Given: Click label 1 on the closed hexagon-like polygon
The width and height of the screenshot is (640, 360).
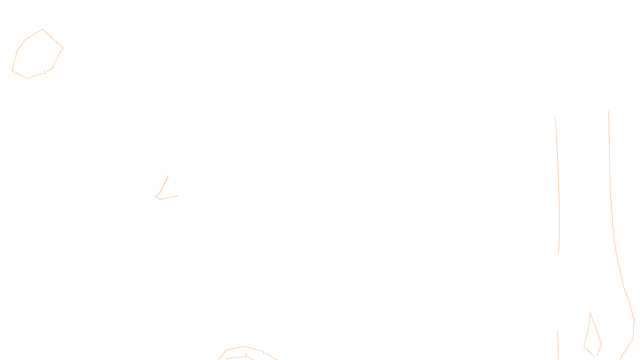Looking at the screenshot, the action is coord(44,72).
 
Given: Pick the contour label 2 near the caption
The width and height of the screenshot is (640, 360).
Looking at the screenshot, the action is coord(246,356).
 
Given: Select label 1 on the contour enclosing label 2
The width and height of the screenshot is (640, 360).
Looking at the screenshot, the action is coord(264,352).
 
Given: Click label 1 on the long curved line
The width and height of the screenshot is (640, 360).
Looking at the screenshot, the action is coord(634,320).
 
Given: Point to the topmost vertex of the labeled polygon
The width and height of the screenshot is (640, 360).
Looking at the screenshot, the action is coord(42,29).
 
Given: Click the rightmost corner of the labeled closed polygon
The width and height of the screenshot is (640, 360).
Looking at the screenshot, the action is coord(63,48).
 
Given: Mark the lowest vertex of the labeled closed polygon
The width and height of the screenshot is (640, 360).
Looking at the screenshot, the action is coord(27,78).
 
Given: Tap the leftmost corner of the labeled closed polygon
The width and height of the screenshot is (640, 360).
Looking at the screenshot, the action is coord(12,71).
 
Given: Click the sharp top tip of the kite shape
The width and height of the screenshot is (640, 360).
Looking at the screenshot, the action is coord(590,313).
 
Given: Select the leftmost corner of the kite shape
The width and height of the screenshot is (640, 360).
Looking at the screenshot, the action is coord(584,346).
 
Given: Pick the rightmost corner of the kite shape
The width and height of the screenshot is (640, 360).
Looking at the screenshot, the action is coord(602,344).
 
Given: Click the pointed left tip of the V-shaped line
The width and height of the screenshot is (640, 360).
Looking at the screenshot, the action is coord(155,196).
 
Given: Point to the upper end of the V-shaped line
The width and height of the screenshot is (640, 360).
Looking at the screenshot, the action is coord(168,176).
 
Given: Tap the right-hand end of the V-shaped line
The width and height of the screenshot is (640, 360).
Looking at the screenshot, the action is coord(178,196).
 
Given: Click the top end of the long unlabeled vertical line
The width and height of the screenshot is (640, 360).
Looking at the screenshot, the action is coord(555,117).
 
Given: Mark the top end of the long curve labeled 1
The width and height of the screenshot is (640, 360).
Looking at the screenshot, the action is coord(608,111).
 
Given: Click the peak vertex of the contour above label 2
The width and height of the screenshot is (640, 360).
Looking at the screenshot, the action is coord(245,346).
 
